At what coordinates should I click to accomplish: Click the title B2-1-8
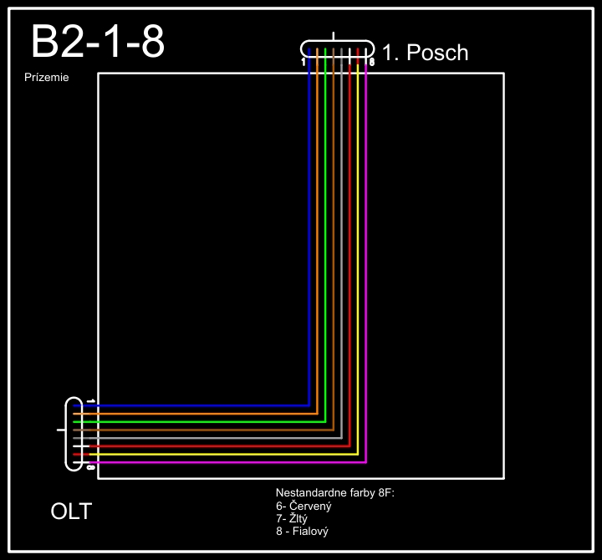click(x=97, y=42)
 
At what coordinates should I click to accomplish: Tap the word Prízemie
click(x=47, y=78)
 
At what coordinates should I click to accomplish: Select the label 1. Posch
click(x=425, y=53)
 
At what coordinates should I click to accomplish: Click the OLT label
click(x=71, y=511)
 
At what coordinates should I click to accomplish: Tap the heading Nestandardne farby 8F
click(x=334, y=493)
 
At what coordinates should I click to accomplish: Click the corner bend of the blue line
click(x=309, y=405)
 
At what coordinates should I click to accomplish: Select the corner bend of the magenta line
click(x=365, y=461)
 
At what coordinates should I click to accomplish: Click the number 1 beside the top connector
click(x=304, y=62)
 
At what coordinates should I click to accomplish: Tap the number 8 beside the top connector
click(x=371, y=62)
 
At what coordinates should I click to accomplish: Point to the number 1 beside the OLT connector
click(x=89, y=402)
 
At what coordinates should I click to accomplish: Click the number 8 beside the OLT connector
click(x=89, y=466)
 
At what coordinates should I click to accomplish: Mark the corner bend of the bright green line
click(x=325, y=421)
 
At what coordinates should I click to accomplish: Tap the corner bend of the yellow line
click(x=357, y=454)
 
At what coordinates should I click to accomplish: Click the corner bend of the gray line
click(x=341, y=437)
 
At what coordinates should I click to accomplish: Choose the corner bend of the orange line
click(x=318, y=414)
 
